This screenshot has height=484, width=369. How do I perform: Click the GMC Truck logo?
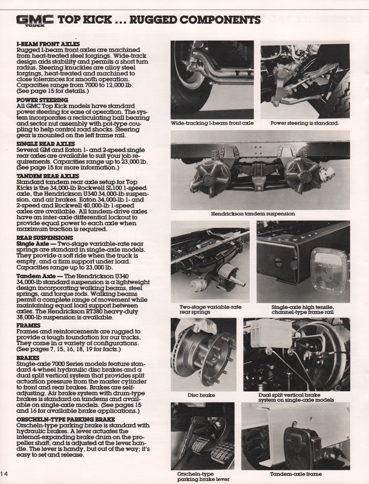tap(35, 20)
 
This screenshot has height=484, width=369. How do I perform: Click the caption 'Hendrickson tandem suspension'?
tap(253, 213)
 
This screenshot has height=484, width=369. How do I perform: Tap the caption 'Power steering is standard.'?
tap(305, 123)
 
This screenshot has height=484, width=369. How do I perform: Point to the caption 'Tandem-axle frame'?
tap(296, 474)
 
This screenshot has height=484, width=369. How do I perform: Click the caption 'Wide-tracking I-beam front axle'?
tap(212, 123)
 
